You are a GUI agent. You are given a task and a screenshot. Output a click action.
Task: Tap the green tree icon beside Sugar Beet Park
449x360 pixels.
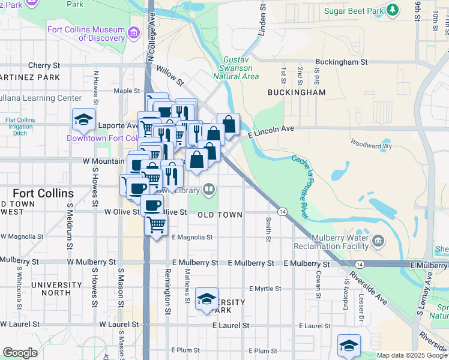coord(393,10)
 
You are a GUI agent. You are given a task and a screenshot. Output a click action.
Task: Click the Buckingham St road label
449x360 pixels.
coord(342,62)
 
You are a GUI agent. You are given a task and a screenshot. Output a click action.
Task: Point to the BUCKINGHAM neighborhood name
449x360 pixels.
coord(297,92)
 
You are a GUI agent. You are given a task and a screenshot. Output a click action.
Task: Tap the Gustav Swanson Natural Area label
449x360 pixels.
coord(241,68)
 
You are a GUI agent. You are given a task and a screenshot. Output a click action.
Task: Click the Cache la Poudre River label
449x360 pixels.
coord(300,187)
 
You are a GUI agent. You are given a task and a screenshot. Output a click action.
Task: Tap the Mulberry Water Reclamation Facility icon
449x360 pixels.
coord(379,241)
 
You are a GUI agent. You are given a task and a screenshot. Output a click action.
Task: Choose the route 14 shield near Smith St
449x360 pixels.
coord(282,211)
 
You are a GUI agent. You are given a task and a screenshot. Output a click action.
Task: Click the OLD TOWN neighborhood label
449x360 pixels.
coord(220,215)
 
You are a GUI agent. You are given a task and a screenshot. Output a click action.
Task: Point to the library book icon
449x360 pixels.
coord(208,190)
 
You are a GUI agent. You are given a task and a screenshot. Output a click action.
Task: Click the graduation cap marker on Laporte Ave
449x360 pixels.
coord(84,120)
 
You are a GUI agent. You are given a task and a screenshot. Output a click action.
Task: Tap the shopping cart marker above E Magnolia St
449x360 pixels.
coord(157,225)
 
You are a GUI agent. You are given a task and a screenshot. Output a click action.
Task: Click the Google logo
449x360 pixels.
coord(20,353)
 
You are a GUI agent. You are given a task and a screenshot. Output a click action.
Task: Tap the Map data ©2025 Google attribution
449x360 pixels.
coord(411,355)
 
